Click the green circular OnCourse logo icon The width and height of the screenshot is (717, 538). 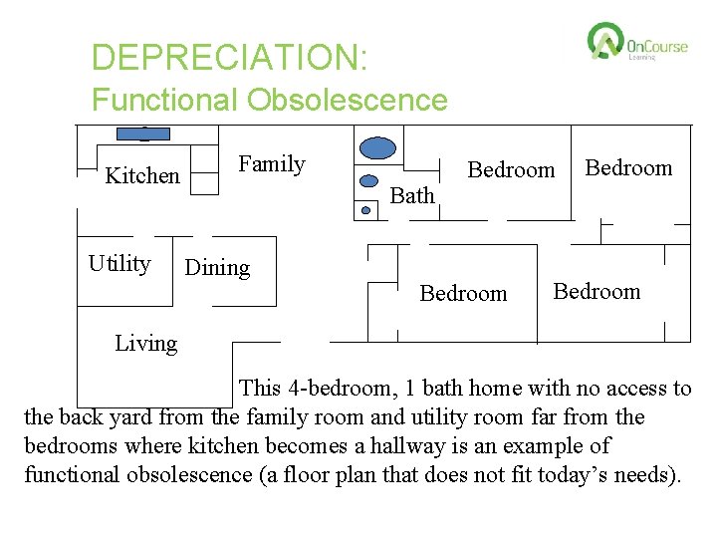(x=604, y=42)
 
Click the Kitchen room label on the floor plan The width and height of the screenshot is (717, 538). (x=142, y=176)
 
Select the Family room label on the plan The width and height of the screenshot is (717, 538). (x=272, y=164)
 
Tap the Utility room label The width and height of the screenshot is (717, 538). (x=119, y=264)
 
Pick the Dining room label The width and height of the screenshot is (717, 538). (x=217, y=268)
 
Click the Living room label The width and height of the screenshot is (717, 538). (x=145, y=344)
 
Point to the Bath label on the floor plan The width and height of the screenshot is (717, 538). (x=412, y=196)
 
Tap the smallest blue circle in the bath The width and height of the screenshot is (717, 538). (x=365, y=210)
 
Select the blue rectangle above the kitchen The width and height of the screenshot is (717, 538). (x=143, y=133)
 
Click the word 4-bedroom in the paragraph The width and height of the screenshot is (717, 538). (x=336, y=389)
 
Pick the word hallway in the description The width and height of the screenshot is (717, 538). (x=485, y=445)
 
